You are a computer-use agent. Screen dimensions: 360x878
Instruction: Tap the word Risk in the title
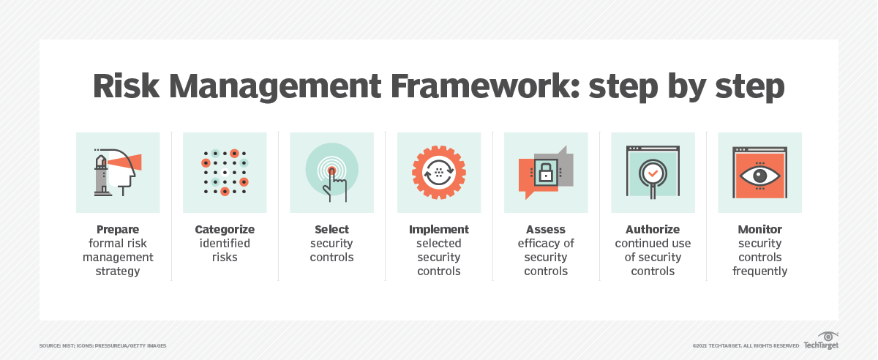(x=125, y=86)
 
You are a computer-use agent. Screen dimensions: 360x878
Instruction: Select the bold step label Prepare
(x=118, y=230)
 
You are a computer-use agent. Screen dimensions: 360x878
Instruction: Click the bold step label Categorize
(x=225, y=230)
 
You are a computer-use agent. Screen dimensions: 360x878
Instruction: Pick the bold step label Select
(x=331, y=230)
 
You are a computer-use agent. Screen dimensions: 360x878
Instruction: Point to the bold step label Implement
(x=439, y=230)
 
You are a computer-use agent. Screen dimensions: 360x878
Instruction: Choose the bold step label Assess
(x=546, y=230)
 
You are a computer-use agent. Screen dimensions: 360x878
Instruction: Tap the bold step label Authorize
(x=653, y=230)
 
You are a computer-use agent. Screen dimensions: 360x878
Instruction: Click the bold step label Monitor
(x=759, y=230)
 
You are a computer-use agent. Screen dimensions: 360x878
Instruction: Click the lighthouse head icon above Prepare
(x=118, y=173)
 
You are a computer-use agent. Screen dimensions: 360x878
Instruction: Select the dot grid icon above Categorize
(x=225, y=173)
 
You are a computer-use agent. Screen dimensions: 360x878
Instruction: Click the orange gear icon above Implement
(x=439, y=173)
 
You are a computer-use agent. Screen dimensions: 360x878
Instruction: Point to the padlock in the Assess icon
(x=546, y=173)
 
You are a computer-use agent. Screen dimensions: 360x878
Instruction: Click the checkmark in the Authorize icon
(x=652, y=173)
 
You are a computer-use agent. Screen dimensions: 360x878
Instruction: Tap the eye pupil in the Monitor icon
(x=759, y=176)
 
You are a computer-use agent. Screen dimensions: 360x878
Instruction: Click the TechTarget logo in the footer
(x=821, y=344)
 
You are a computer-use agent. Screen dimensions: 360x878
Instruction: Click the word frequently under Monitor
(x=759, y=271)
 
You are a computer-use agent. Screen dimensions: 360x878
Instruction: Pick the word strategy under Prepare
(x=118, y=271)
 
